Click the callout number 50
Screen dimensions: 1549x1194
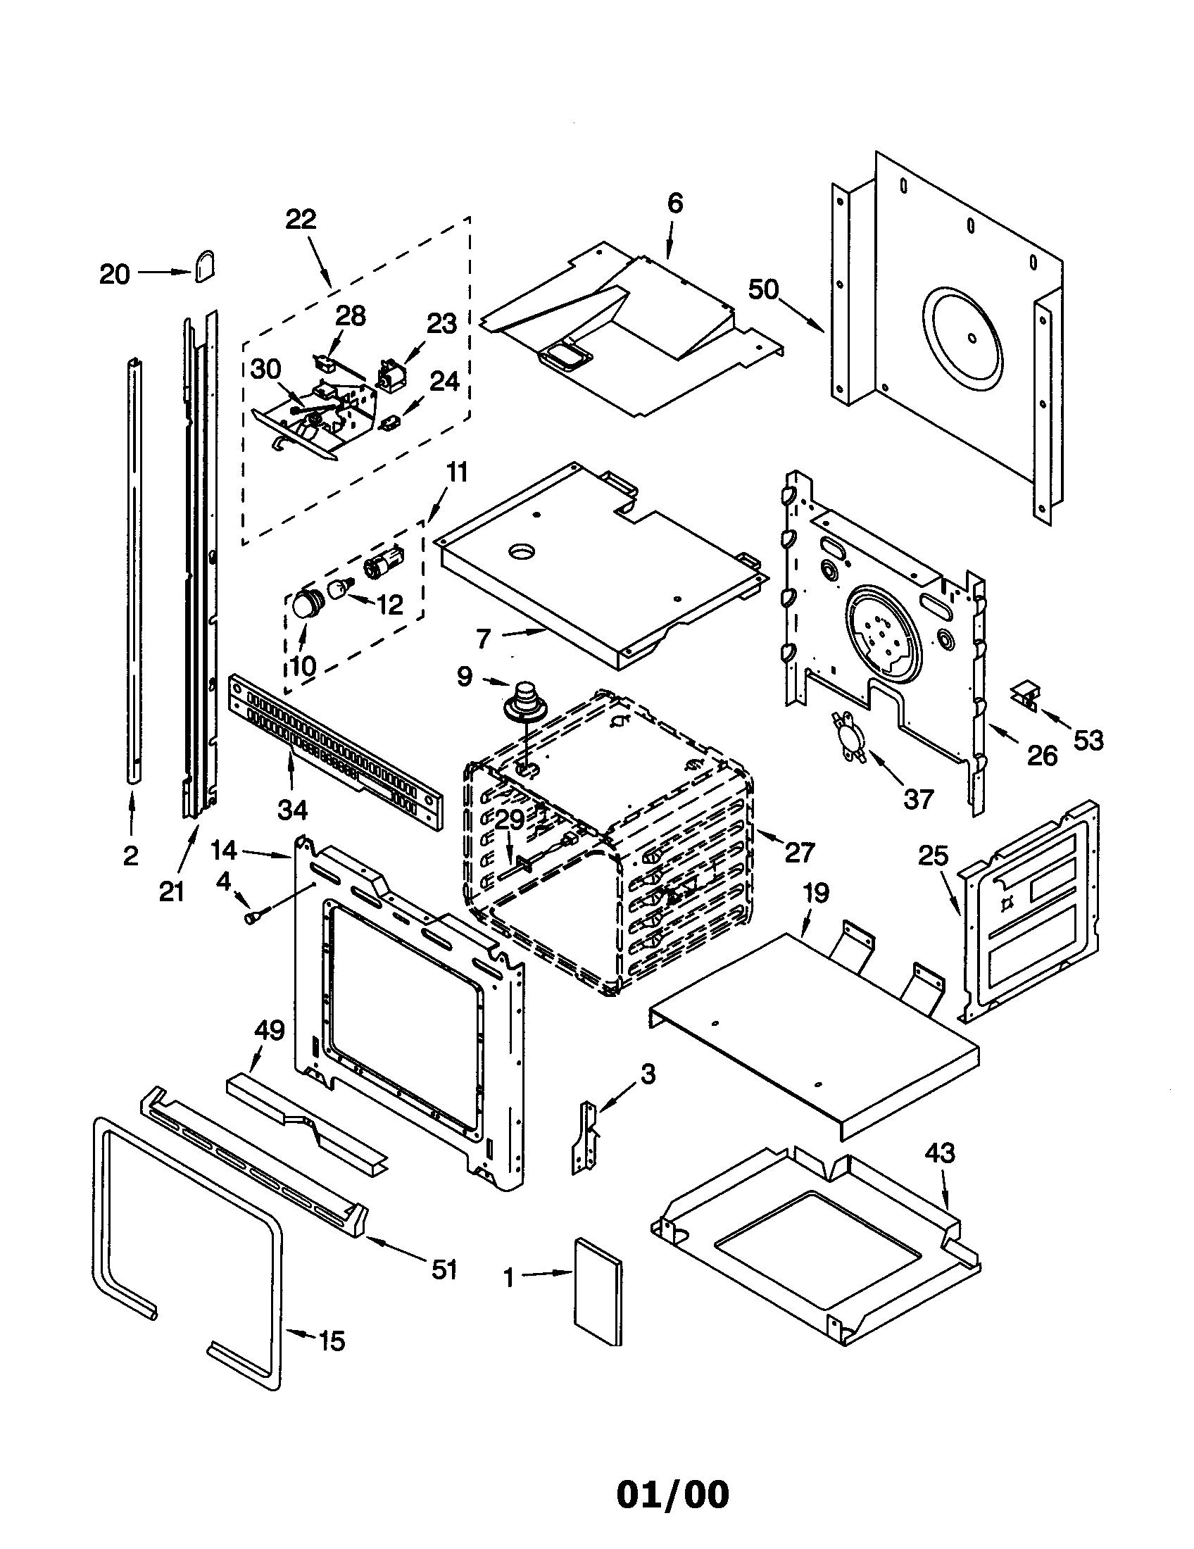point(763,290)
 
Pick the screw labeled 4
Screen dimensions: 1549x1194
point(253,917)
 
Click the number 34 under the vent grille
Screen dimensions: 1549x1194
point(292,809)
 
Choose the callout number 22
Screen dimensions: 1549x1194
point(301,219)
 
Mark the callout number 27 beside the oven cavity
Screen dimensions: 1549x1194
point(800,853)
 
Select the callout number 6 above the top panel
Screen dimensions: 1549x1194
point(674,203)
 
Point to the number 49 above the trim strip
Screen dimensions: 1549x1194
point(270,1030)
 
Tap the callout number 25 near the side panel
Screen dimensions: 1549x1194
point(933,856)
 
